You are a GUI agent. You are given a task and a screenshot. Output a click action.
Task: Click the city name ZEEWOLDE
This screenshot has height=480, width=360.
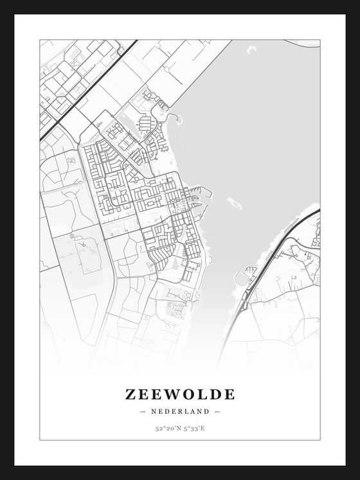point(180,394)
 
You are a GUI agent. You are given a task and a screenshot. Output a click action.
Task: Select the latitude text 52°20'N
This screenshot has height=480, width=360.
point(166,428)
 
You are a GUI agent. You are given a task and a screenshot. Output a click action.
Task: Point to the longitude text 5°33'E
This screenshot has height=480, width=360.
point(194,428)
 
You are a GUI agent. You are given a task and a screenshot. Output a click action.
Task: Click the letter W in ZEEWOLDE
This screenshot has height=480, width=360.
point(172,394)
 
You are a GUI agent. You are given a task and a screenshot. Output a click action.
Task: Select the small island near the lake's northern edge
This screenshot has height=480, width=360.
point(251,49)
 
